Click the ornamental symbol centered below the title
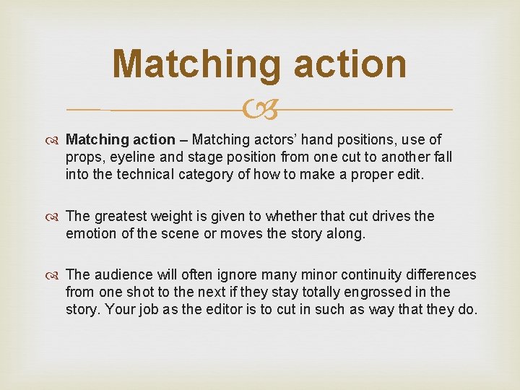point(261,110)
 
